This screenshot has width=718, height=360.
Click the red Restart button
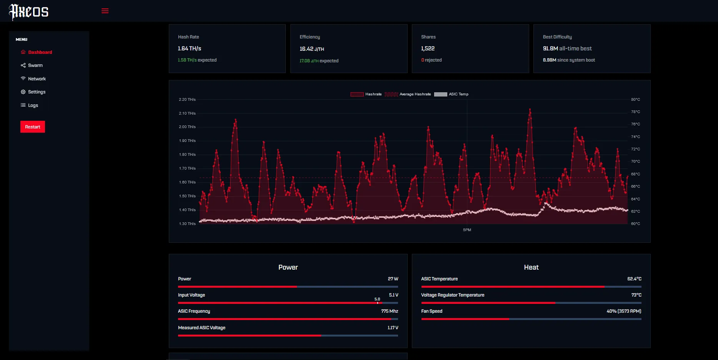pyautogui.click(x=33, y=127)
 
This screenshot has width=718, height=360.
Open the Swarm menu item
pyautogui.click(x=35, y=65)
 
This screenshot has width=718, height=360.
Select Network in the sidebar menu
pyautogui.click(x=37, y=79)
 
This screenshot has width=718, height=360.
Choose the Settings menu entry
pyautogui.click(x=37, y=92)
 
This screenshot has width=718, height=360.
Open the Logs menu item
pyautogui.click(x=33, y=105)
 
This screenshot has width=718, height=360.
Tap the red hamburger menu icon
pyautogui.click(x=105, y=11)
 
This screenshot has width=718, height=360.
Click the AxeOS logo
pyautogui.click(x=29, y=12)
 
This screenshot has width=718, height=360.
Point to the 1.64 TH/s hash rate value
pyautogui.click(x=189, y=48)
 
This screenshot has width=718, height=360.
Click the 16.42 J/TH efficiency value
pyautogui.click(x=312, y=49)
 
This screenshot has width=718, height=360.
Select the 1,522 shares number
pyautogui.click(x=428, y=48)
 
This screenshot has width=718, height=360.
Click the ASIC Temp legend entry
pyautogui.click(x=451, y=94)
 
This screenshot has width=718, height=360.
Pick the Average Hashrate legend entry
pyautogui.click(x=408, y=94)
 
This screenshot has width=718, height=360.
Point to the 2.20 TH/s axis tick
pyautogui.click(x=187, y=100)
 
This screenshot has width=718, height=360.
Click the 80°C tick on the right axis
pyautogui.click(x=635, y=100)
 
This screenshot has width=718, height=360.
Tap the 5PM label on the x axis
pyautogui.click(x=467, y=230)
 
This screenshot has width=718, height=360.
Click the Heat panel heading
pyautogui.click(x=531, y=267)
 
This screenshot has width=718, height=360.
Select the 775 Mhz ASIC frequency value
pyautogui.click(x=389, y=311)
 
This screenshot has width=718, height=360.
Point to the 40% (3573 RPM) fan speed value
pyautogui.click(x=623, y=311)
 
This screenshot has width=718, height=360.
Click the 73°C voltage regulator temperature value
pyautogui.click(x=636, y=295)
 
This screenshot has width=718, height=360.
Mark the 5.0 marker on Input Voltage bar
pyautogui.click(x=377, y=299)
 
